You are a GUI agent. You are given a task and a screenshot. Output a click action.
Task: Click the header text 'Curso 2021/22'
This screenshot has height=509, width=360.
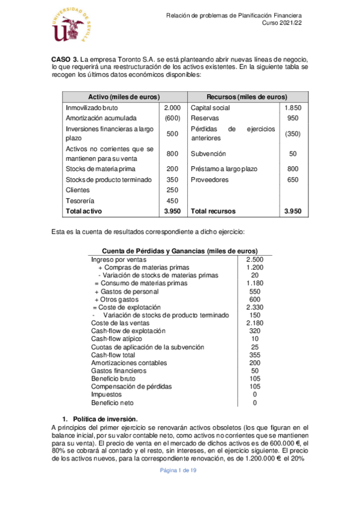coord(281,23)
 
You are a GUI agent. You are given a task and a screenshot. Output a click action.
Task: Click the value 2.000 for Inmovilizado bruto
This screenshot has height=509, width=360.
coord(172,107)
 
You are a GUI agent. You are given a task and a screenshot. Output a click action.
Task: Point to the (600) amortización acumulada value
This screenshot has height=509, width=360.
coord(172,118)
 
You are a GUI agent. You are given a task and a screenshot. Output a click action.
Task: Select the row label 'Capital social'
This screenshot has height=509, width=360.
coord(210,107)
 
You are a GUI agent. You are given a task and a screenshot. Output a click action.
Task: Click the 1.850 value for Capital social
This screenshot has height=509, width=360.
coord(292,107)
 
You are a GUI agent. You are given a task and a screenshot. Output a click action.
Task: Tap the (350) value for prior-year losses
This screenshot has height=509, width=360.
coord(292,134)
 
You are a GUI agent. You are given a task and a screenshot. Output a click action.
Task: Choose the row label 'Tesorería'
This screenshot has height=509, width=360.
coord(81,200)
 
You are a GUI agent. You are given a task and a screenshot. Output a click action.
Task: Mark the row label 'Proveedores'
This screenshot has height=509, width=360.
coord(209,179)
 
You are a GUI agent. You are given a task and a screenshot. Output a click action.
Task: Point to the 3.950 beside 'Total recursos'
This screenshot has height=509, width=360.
coord(292,211)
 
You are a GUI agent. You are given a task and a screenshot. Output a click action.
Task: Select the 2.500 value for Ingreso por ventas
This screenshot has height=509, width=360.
coord(256,259)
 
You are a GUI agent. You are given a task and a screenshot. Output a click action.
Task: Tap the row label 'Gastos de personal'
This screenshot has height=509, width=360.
coord(129,291)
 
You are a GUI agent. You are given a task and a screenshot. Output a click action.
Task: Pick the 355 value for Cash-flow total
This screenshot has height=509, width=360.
coord(256,355)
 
